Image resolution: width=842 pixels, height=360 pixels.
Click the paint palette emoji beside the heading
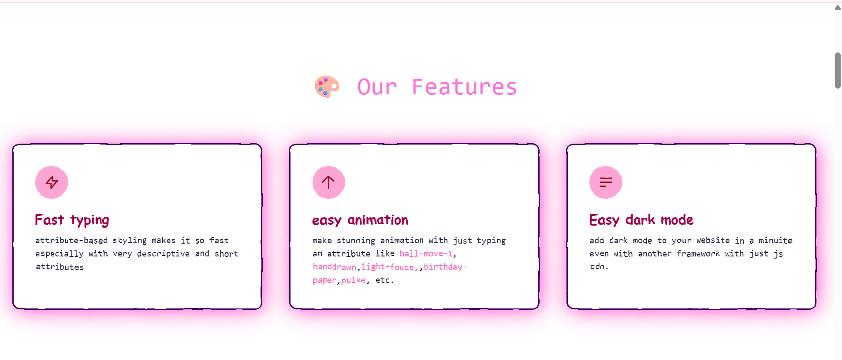(x=327, y=86)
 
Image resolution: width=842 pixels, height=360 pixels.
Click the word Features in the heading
(x=464, y=87)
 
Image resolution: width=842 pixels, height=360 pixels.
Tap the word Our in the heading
(x=377, y=87)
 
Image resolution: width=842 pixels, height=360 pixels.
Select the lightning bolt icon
(x=52, y=182)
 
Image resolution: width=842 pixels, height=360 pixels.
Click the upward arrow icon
(x=328, y=182)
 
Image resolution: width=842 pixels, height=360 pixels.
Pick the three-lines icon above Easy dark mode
(x=606, y=182)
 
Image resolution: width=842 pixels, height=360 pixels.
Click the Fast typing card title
(x=72, y=220)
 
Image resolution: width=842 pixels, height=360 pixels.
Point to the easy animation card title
(x=360, y=220)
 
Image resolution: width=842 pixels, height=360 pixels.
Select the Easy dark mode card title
(x=641, y=220)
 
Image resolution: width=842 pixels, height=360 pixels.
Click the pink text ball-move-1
(x=426, y=254)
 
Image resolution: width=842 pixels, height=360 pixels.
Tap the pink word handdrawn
(x=334, y=267)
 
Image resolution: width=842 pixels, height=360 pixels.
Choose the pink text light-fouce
(x=388, y=267)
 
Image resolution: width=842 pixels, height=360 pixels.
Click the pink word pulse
(x=353, y=280)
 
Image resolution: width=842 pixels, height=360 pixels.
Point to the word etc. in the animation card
(x=384, y=280)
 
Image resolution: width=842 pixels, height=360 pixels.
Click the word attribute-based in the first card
(x=71, y=241)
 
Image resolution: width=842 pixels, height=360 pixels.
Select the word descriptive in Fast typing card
(x=163, y=254)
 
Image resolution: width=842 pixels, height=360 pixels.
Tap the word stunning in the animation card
(x=356, y=241)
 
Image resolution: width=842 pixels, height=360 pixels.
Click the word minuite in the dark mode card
(x=775, y=241)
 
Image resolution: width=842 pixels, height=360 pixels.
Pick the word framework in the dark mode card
(x=698, y=254)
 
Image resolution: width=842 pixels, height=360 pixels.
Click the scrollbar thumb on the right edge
(x=838, y=71)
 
